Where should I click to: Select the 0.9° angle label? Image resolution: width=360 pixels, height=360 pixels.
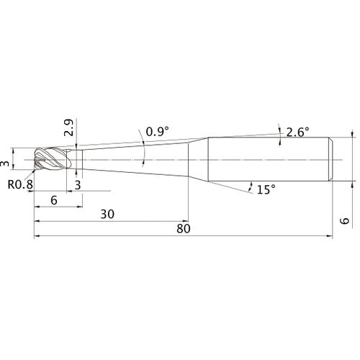(157, 132)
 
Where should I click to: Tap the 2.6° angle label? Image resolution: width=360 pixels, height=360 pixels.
(297, 132)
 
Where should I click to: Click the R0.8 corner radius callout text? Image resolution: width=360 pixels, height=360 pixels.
(21, 184)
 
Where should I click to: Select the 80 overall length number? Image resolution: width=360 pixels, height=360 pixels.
(183, 229)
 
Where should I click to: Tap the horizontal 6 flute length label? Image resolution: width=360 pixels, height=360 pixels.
(55, 201)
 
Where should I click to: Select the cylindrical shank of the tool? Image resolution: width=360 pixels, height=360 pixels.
(270, 158)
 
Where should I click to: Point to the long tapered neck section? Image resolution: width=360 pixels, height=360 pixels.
(137, 158)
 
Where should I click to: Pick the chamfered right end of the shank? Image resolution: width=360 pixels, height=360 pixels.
(332, 158)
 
